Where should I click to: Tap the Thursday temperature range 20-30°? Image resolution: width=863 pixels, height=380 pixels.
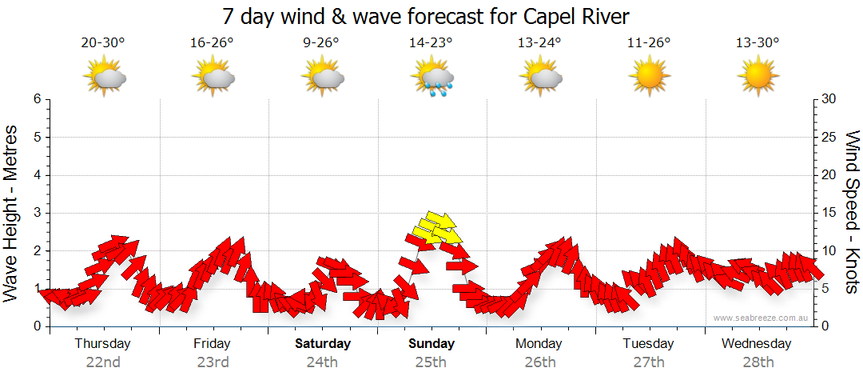(x=103, y=43)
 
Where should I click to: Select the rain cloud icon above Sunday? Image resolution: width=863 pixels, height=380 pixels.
(x=431, y=78)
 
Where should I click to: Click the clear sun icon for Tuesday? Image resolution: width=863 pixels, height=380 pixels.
(x=649, y=77)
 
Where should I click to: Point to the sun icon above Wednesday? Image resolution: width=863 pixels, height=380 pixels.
(x=758, y=77)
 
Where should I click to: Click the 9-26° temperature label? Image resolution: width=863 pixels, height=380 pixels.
(x=321, y=43)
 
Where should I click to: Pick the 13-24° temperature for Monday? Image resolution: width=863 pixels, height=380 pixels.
(x=539, y=43)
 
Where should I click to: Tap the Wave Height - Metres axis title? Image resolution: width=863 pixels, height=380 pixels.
(x=12, y=212)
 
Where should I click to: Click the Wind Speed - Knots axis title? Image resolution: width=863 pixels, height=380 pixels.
(x=851, y=212)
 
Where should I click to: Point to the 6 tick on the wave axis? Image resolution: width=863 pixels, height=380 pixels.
(x=36, y=99)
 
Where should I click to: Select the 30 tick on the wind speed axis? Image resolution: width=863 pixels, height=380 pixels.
(x=830, y=99)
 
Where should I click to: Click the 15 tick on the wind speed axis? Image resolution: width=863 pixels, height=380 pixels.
(x=830, y=213)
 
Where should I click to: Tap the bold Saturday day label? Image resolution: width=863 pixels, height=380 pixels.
(x=322, y=344)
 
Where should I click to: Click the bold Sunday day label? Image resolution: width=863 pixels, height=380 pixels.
(x=431, y=344)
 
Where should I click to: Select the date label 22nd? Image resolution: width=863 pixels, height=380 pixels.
(x=103, y=362)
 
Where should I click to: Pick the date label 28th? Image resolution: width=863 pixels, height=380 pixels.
(x=758, y=362)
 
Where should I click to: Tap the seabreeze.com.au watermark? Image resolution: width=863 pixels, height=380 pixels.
(x=762, y=318)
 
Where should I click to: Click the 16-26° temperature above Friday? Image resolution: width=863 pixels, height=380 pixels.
(x=212, y=43)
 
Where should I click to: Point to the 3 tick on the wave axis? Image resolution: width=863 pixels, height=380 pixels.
(x=36, y=213)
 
